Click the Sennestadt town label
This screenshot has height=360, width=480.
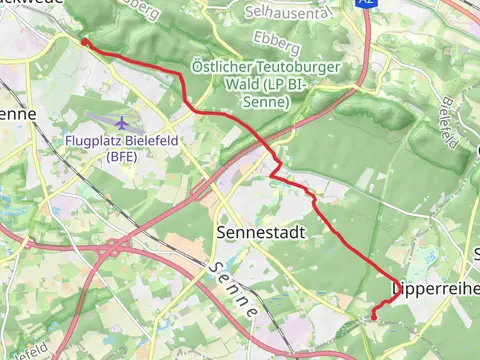click(x=259, y=232)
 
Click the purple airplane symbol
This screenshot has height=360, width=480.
click(x=122, y=123)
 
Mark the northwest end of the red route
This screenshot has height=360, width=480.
click(x=84, y=42)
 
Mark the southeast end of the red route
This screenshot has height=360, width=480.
click(x=374, y=317)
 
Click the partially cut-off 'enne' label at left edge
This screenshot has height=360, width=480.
click(x=18, y=114)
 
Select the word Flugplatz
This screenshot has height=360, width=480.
click(x=97, y=141)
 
